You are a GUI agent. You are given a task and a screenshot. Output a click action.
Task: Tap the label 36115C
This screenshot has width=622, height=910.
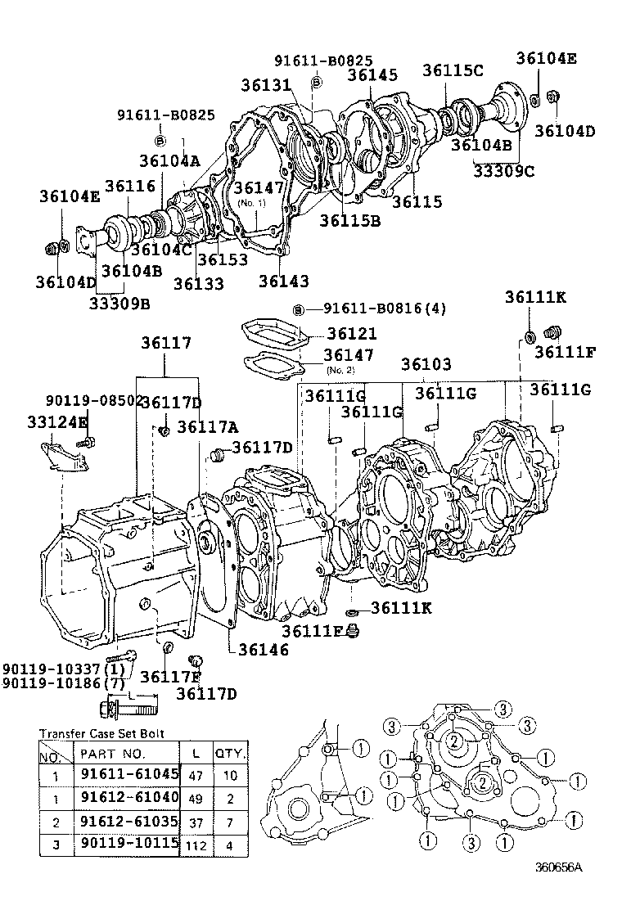(x=453, y=70)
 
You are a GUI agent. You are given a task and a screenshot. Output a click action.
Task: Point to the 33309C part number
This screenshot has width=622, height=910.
(x=505, y=170)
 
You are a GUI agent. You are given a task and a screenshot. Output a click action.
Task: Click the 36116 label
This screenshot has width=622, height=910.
(x=129, y=187)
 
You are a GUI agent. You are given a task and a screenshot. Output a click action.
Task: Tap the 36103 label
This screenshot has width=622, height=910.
(x=426, y=364)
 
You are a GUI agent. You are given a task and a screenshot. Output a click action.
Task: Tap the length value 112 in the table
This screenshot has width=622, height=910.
(x=196, y=844)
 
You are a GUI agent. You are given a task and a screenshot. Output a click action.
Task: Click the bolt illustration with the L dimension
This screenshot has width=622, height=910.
(x=131, y=704)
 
